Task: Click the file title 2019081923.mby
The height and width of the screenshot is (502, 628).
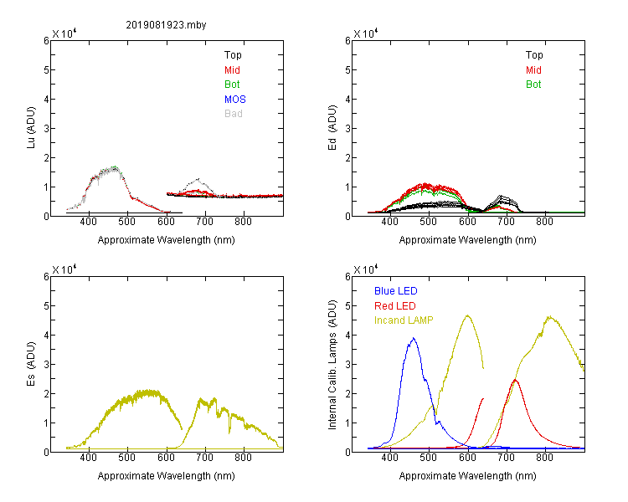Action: (x=166, y=25)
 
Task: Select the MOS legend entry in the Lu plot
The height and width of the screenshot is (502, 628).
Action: (x=235, y=99)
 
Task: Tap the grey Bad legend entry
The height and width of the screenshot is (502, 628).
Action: (x=234, y=113)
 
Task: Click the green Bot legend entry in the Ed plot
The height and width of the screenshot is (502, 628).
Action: (x=533, y=84)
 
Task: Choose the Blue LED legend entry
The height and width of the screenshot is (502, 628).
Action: (x=396, y=290)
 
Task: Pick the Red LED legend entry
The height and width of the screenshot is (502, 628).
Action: (x=395, y=306)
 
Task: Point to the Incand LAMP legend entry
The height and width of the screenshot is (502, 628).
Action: (x=404, y=320)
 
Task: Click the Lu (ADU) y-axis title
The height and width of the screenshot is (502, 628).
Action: (x=31, y=128)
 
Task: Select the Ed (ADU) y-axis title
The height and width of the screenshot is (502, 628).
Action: (x=332, y=128)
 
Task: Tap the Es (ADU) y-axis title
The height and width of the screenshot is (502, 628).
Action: (x=31, y=364)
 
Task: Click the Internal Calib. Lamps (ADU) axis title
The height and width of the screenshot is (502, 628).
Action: (x=332, y=365)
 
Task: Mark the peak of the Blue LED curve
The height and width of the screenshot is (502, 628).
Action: (x=414, y=338)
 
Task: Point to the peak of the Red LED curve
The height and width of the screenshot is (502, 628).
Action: (x=515, y=380)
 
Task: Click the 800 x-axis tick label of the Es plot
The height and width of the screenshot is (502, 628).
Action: (x=243, y=458)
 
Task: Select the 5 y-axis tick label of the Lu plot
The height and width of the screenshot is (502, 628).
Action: (x=46, y=70)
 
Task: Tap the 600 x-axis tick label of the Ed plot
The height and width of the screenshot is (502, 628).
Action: (x=467, y=222)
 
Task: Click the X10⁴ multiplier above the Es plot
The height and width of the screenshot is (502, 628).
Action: (x=64, y=269)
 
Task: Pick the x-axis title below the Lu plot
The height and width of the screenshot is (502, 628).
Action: (x=167, y=240)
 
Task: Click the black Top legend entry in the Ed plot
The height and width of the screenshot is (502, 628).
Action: (x=534, y=55)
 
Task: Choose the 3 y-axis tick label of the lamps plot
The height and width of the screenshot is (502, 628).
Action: (x=347, y=364)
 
